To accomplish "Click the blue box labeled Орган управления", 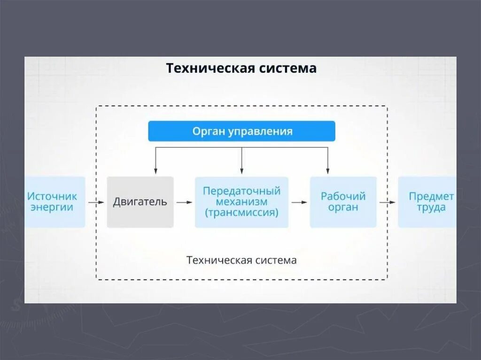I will tap(241, 131).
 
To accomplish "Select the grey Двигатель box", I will tap(140, 202).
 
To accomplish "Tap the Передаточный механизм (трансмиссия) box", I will tap(241, 202).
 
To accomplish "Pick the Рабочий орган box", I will tap(343, 202).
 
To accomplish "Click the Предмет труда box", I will tap(427, 202).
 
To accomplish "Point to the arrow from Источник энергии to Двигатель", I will tap(96, 202).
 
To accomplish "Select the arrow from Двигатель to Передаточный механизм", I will tap(184, 202).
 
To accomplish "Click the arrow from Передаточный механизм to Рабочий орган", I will tap(299, 202).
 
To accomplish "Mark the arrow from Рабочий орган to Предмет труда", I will tap(388, 202).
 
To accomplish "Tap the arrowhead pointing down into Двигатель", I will tap(155, 171).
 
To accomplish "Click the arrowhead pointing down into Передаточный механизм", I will tap(241, 171).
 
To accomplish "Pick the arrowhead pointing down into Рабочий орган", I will tap(327, 171).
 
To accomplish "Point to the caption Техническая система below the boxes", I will tap(241, 260).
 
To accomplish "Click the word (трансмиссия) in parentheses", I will tap(241, 212).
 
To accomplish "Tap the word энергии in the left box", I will tap(52, 207).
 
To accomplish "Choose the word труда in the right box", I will tap(431, 207).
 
